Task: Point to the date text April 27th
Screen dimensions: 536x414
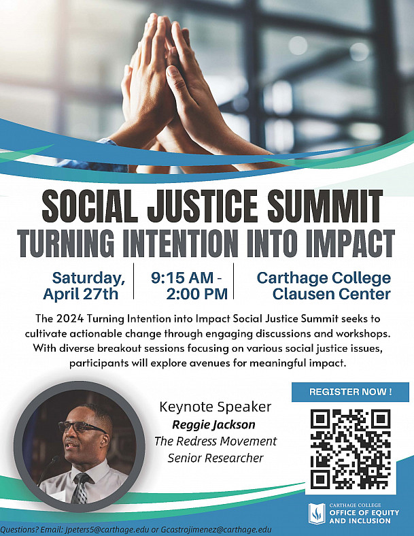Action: [x=80, y=295]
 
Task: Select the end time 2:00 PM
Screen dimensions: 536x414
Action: [x=196, y=295]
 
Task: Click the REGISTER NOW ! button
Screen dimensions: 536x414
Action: [x=350, y=392]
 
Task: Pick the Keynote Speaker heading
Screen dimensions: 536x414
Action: [x=215, y=407]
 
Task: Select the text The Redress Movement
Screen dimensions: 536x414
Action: [x=215, y=441]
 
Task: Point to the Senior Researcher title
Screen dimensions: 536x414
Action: [x=215, y=458]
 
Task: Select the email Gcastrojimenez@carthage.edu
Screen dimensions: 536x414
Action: [x=217, y=529]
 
